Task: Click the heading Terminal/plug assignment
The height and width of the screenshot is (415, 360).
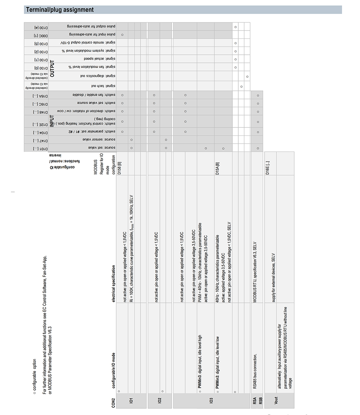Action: pyautogui.click(x=60, y=10)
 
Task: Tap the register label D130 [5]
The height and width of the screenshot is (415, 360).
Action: pyautogui.click(x=36, y=43)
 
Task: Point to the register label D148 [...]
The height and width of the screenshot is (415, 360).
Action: pyautogui.click(x=36, y=111)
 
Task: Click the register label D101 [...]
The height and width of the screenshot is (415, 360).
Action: pyautogui.click(x=36, y=148)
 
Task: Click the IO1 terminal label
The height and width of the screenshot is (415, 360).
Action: pyautogui.click(x=131, y=400)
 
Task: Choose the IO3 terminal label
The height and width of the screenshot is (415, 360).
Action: pyautogui.click(x=211, y=400)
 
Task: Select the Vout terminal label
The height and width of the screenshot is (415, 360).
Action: pyautogui.click(x=276, y=400)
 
